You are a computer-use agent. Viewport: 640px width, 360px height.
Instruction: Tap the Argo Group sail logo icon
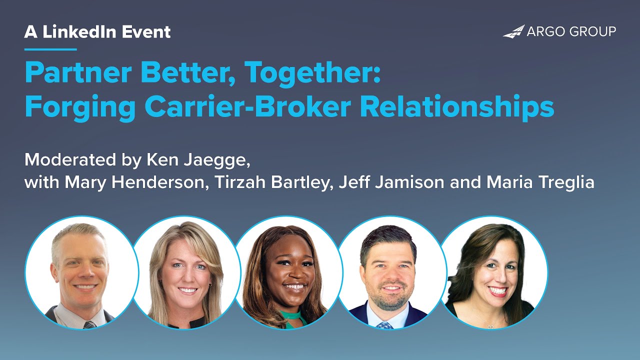click(513, 32)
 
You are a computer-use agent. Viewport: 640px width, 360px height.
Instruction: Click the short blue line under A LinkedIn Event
click(50, 49)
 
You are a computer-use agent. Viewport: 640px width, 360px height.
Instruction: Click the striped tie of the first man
click(89, 324)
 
